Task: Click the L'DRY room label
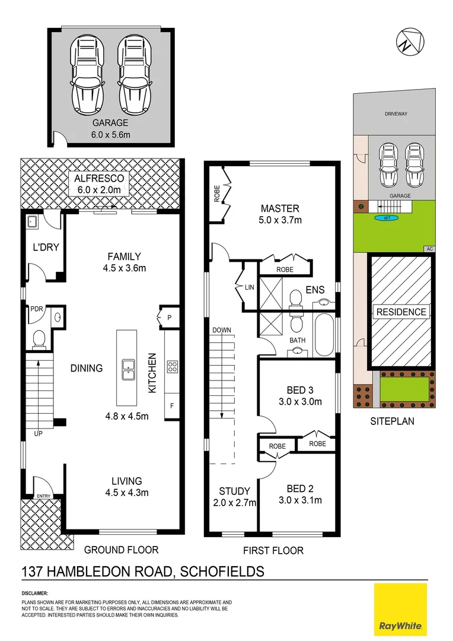pyautogui.click(x=46, y=246)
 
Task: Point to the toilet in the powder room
pyautogui.click(x=39, y=339)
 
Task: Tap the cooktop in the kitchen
pyautogui.click(x=173, y=367)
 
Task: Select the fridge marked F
pyautogui.click(x=173, y=407)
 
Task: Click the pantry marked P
pyautogui.click(x=170, y=318)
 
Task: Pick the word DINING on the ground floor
pyautogui.click(x=86, y=368)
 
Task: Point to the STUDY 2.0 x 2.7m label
pyautogui.click(x=234, y=497)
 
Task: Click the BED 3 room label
pyautogui.click(x=299, y=395)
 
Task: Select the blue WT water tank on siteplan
pyautogui.click(x=387, y=217)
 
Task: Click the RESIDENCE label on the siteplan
pyautogui.click(x=400, y=312)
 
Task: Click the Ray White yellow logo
pyautogui.click(x=400, y=610)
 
